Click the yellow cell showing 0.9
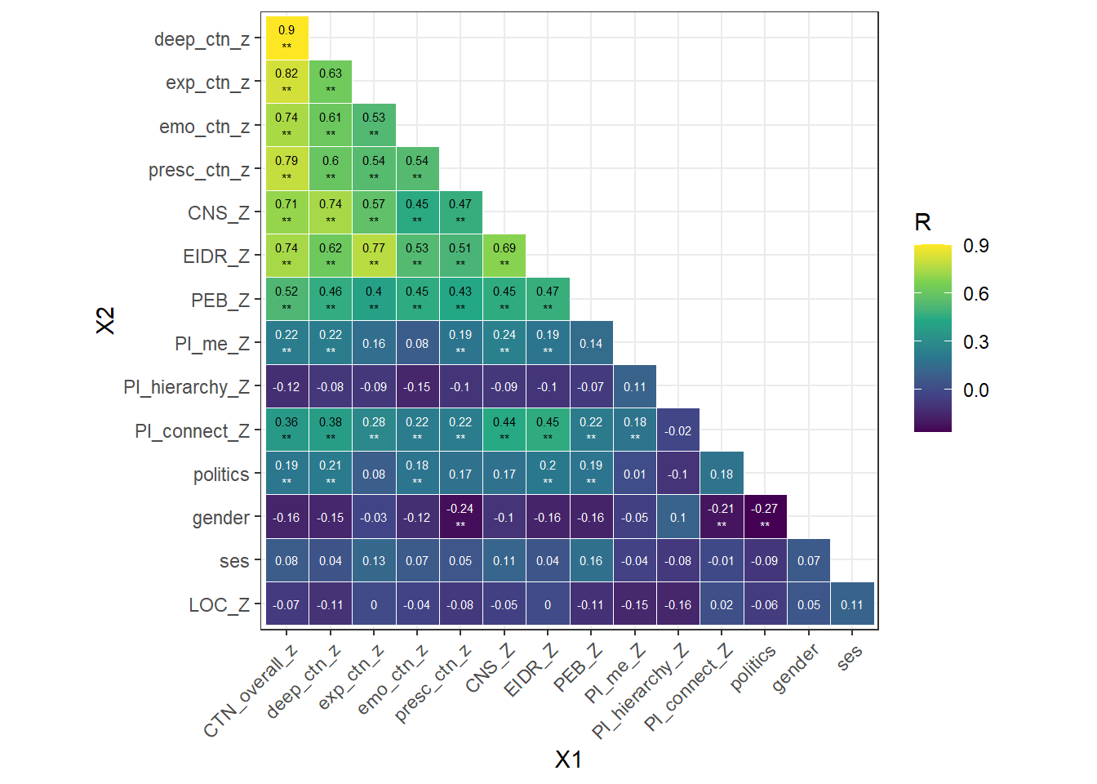pyautogui.click(x=286, y=38)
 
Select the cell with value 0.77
pyautogui.click(x=374, y=256)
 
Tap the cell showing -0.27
pyautogui.click(x=765, y=517)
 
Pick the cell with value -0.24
pyautogui.click(x=460, y=517)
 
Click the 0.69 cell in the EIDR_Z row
pyautogui.click(x=504, y=256)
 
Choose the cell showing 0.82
pyautogui.click(x=286, y=82)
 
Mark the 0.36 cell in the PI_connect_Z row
pyautogui.click(x=286, y=430)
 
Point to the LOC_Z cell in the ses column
pyautogui.click(x=852, y=604)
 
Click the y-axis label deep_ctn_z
pyautogui.click(x=202, y=39)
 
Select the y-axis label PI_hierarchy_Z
pyautogui.click(x=186, y=387)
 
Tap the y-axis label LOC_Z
pyautogui.click(x=219, y=605)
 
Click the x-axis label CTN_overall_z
pyautogui.click(x=251, y=691)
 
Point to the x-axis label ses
pyautogui.click(x=850, y=657)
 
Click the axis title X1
pyautogui.click(x=568, y=759)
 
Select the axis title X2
pyautogui.click(x=105, y=321)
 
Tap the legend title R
pyautogui.click(x=923, y=222)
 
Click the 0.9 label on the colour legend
pyautogui.click(x=975, y=246)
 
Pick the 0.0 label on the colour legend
pyautogui.click(x=975, y=390)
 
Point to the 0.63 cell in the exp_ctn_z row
pyautogui.click(x=331, y=82)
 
